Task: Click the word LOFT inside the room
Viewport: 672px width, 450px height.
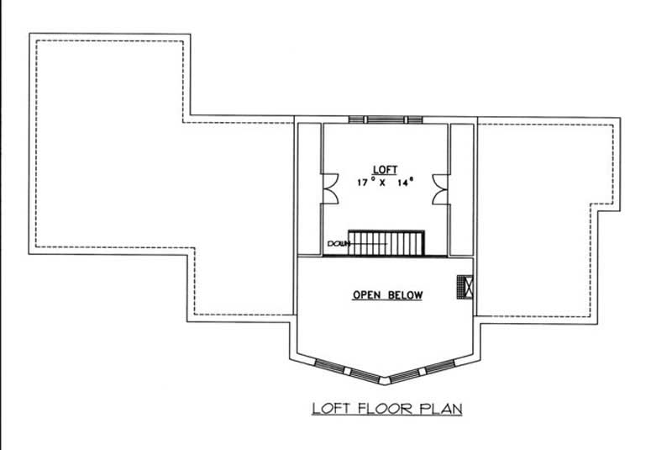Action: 387,168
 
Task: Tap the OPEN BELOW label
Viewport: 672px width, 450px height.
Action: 387,295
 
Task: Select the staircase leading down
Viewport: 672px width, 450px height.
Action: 387,244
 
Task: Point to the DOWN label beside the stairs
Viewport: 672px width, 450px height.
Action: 339,245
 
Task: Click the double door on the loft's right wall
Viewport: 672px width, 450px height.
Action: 441,189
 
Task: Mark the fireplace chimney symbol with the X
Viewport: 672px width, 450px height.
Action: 465,288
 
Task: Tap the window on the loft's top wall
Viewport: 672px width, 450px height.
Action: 386,119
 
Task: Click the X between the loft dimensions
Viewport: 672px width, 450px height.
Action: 386,182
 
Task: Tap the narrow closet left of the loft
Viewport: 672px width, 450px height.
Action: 310,188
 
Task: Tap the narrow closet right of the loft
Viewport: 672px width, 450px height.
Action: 462,188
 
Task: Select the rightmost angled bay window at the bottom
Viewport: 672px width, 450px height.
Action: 444,367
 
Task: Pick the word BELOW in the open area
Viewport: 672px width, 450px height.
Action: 405,295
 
